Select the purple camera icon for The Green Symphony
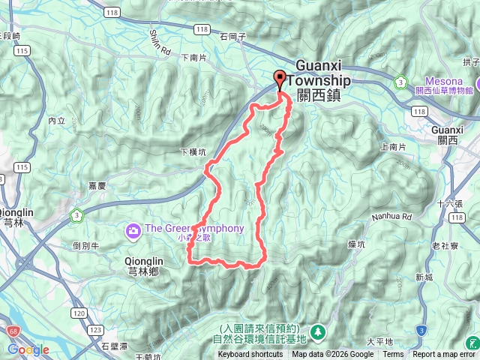tap(133, 229)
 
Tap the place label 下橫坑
tap(193, 151)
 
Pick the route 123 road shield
tap(95, 330)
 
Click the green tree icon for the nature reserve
tap(318, 330)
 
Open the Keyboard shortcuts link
tap(257, 355)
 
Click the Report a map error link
tap(443, 355)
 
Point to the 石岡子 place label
tap(234, 34)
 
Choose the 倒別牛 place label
tap(85, 244)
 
